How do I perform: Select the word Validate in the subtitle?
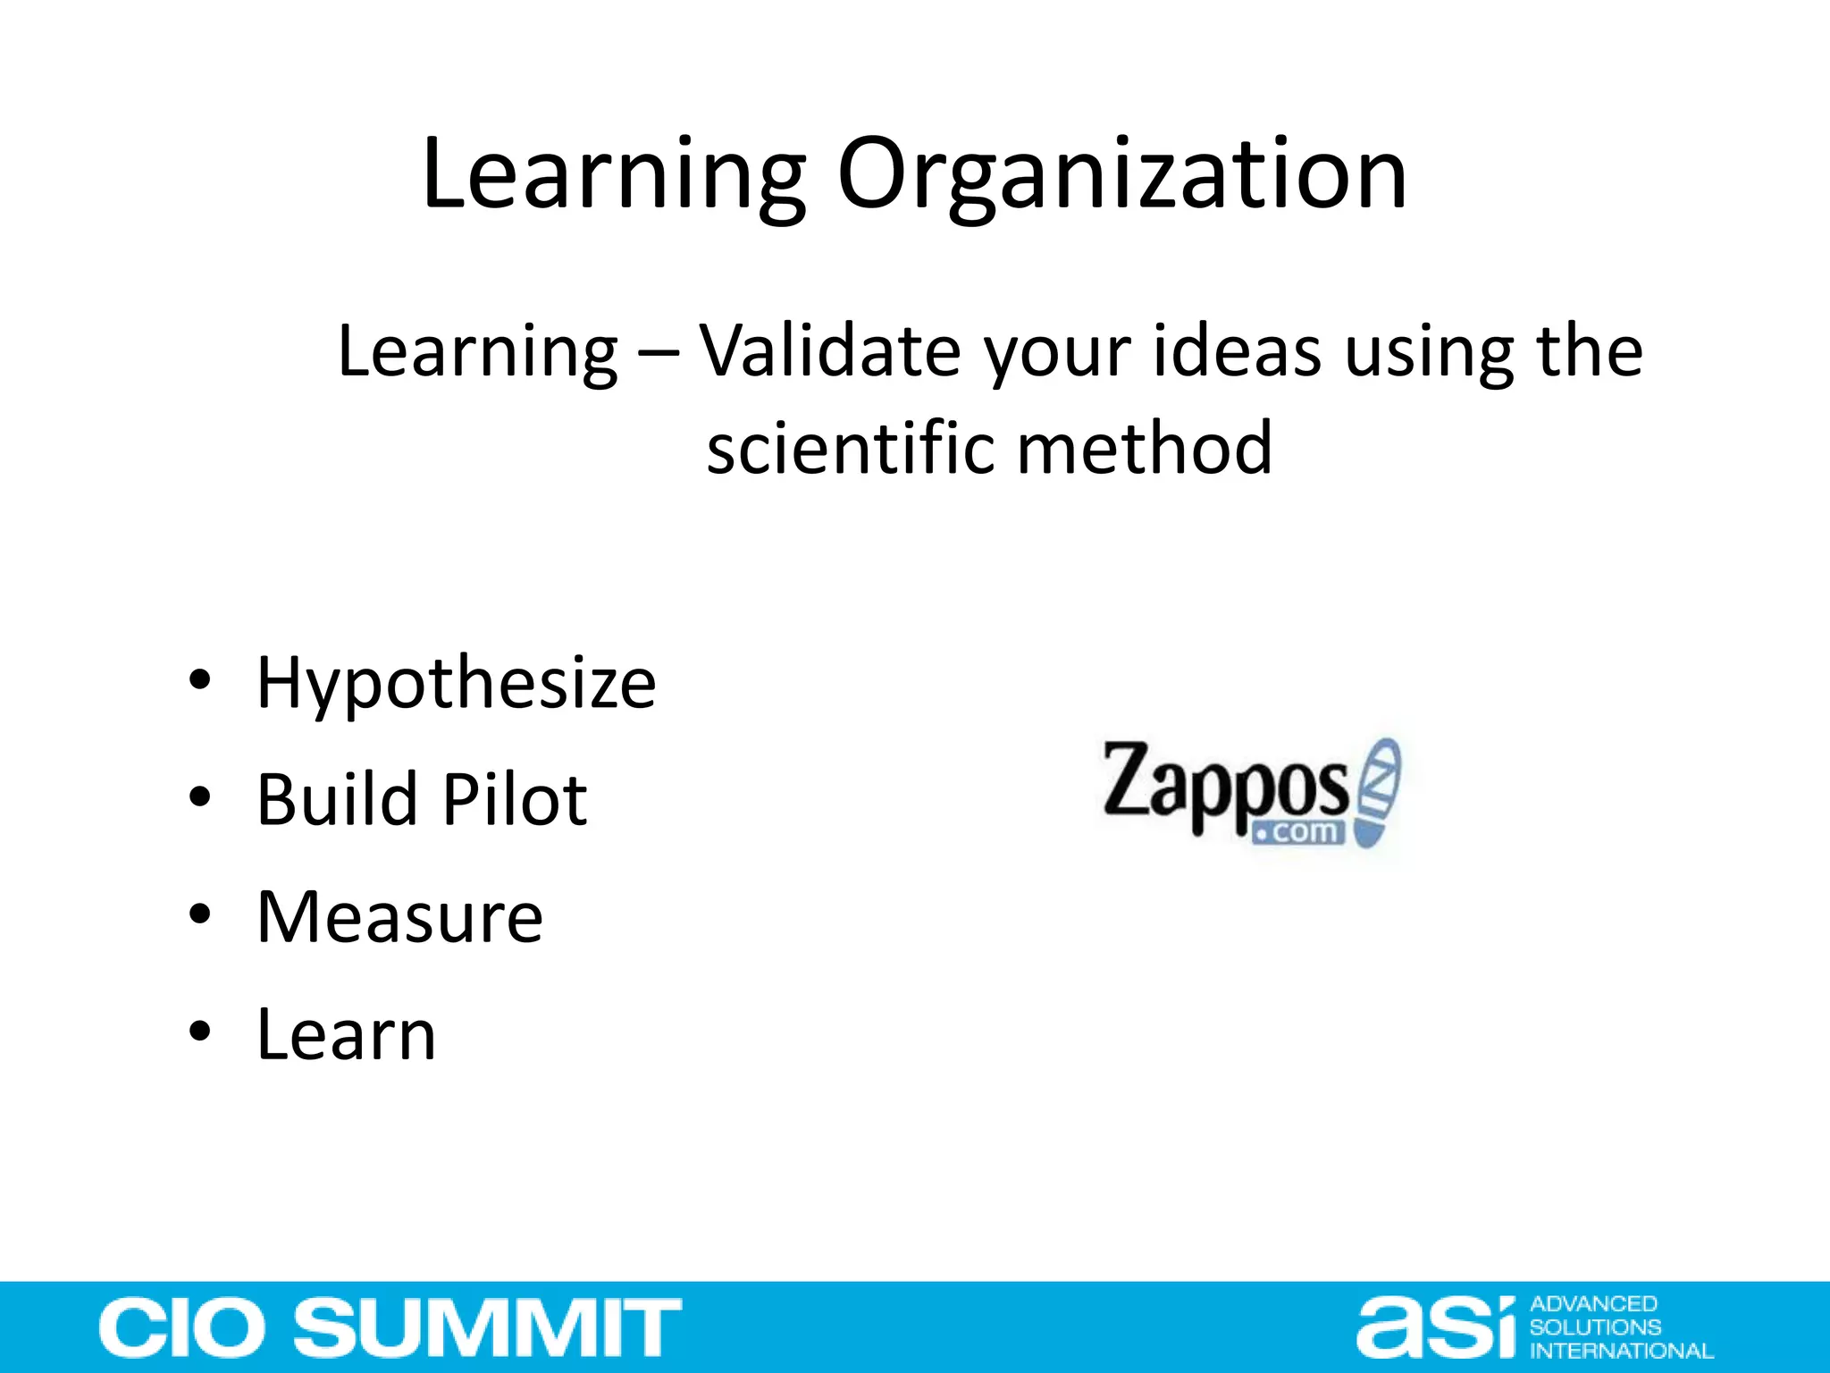(829, 351)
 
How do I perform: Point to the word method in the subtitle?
(1145, 448)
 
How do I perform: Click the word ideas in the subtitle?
(1237, 351)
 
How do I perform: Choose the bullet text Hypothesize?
(457, 684)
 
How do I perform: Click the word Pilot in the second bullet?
(515, 799)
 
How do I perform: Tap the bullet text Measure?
(399, 917)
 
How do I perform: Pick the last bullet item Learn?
(346, 1034)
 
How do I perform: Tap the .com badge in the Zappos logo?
(1298, 832)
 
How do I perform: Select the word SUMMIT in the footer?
(488, 1328)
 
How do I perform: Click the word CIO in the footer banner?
(182, 1328)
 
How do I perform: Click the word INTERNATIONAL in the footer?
(1621, 1351)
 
